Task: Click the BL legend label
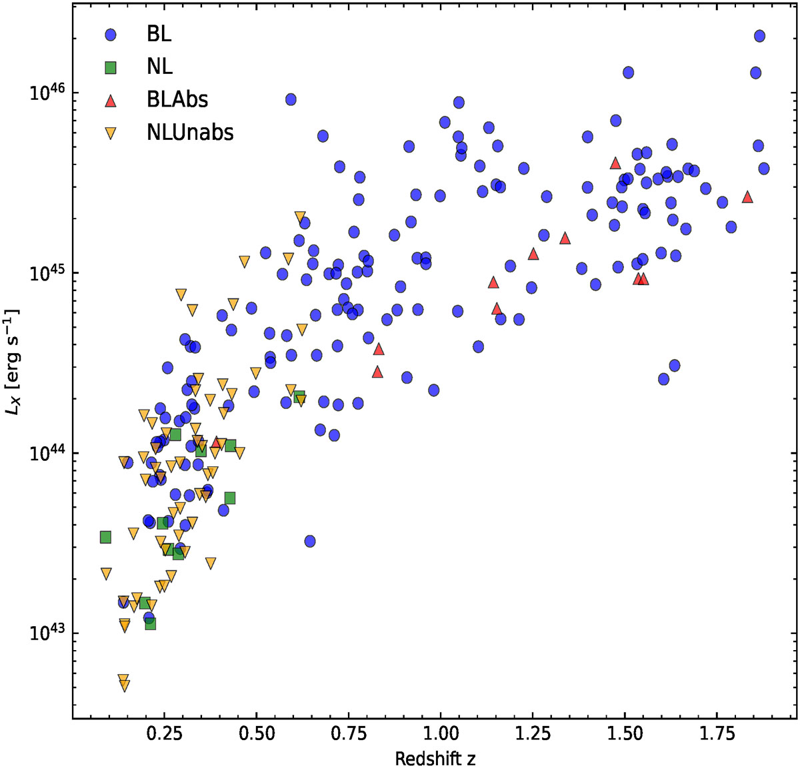pos(160,35)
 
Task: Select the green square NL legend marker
pos(112,67)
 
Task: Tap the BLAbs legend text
pos(177,100)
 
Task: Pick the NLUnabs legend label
pos(190,133)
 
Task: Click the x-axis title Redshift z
pos(435,759)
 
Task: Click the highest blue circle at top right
pos(759,36)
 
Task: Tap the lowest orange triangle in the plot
pos(124,685)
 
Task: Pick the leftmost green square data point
pos(105,537)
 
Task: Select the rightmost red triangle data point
pos(747,197)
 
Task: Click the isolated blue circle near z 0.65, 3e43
pos(309,541)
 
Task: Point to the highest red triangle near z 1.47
pos(615,163)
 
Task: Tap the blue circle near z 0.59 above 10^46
pos(291,99)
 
